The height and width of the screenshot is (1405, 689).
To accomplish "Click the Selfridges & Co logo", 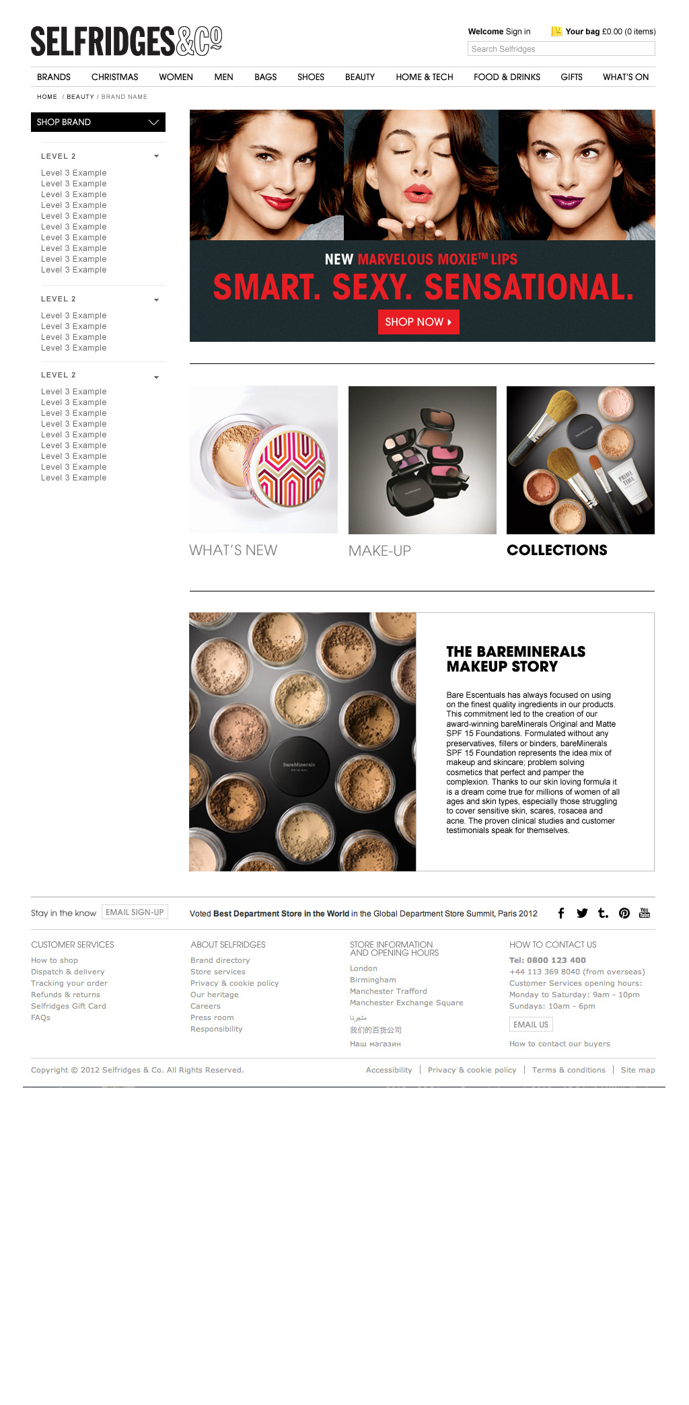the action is [x=126, y=41].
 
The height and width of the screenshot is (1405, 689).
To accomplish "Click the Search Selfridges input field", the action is [x=561, y=48].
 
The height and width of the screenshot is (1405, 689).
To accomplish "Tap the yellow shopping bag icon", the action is [x=556, y=31].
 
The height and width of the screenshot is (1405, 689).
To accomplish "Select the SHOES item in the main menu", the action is [x=311, y=77].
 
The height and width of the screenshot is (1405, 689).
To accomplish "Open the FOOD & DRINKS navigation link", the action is [x=507, y=77].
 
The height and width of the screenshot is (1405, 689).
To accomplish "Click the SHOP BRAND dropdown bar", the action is [x=98, y=122].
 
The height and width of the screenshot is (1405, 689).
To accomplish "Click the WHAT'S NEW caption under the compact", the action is [x=233, y=550].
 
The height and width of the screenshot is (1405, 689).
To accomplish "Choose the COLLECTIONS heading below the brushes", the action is [x=557, y=550].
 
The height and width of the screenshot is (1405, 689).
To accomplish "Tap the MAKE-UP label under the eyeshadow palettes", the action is [x=379, y=550].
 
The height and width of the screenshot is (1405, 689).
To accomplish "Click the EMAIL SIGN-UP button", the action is [x=135, y=912].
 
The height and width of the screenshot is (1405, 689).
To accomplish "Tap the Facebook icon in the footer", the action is [x=561, y=913].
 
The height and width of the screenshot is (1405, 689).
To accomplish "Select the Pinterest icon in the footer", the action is [x=624, y=913].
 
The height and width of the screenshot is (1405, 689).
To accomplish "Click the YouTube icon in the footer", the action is [x=645, y=912].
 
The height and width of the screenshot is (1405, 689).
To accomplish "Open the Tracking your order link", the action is [x=69, y=983].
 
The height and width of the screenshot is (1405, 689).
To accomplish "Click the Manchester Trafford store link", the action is [x=388, y=991].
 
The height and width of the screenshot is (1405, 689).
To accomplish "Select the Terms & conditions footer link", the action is [x=569, y=1070].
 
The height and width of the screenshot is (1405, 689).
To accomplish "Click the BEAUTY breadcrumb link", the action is [x=80, y=97].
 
